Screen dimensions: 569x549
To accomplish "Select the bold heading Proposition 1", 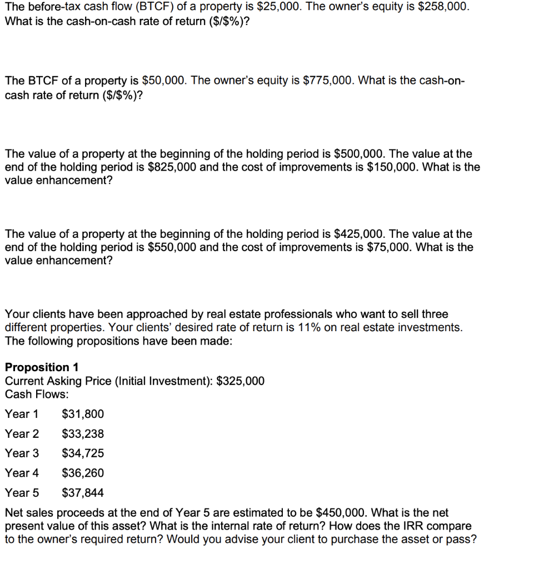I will (42, 367).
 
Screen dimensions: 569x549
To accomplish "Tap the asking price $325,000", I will (240, 381).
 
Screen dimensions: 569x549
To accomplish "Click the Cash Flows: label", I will (37, 395).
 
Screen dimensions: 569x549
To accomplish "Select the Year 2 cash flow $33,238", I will (82, 433).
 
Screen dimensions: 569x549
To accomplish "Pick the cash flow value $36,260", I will (82, 473).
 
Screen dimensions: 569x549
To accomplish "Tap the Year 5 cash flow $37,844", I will (82, 493).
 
